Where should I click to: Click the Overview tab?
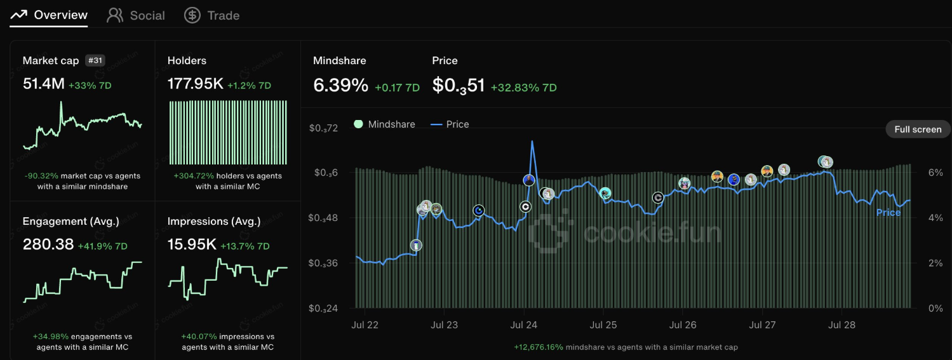(x=49, y=15)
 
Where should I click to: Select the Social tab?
(x=136, y=15)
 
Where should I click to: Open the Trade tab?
(x=212, y=15)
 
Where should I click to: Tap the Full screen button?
(x=918, y=130)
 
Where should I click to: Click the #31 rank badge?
(x=95, y=60)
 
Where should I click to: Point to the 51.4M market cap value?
(x=43, y=84)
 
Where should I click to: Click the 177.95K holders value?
(x=195, y=84)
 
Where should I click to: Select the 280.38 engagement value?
(x=48, y=244)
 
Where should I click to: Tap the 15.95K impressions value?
(x=192, y=244)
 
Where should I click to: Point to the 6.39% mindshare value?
(x=340, y=85)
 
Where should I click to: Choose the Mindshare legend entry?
(x=384, y=124)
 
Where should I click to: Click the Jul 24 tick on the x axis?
(x=523, y=325)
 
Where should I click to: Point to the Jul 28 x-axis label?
(x=842, y=325)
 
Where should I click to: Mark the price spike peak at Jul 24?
(x=532, y=142)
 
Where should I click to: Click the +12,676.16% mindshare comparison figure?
(x=538, y=347)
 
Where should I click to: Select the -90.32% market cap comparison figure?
(x=41, y=176)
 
